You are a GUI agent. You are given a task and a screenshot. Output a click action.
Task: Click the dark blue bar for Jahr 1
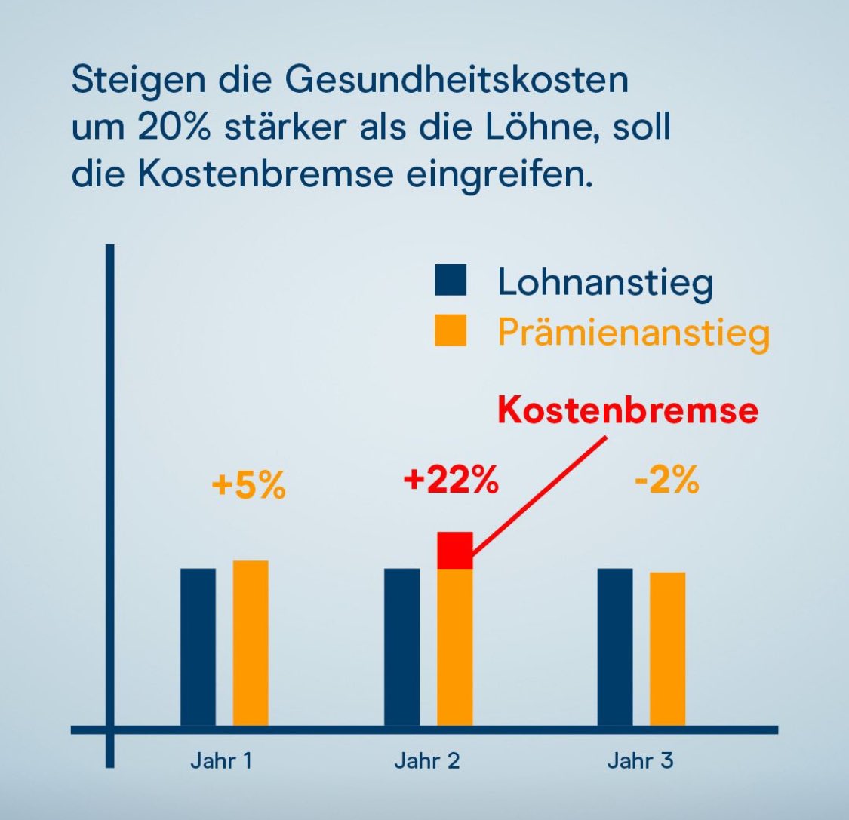(198, 648)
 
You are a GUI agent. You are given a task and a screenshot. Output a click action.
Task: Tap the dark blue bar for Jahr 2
(401, 648)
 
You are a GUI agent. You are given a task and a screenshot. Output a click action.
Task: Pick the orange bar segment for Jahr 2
(454, 649)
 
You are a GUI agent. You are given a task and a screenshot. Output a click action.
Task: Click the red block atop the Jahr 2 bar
(454, 550)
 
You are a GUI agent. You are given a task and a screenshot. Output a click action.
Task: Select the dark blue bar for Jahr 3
(614, 648)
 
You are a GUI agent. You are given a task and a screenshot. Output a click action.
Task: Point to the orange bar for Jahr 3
(667, 650)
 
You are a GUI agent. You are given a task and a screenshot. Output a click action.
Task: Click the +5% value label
(249, 487)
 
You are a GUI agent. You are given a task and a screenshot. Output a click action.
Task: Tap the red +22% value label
(451, 481)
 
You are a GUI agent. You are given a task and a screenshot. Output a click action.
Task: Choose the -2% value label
(666, 481)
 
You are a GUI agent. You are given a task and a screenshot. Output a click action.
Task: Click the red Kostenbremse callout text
(627, 412)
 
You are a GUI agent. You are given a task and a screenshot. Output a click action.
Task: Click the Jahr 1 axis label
(220, 760)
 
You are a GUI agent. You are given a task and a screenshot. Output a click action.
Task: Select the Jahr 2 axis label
(426, 760)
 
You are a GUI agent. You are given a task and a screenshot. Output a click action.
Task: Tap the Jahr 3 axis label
(640, 760)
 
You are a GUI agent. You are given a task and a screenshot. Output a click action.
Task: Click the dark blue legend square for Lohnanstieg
(451, 281)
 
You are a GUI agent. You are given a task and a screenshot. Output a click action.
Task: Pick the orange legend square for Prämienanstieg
(451, 330)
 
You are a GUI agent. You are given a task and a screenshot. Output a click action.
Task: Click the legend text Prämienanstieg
(633, 332)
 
